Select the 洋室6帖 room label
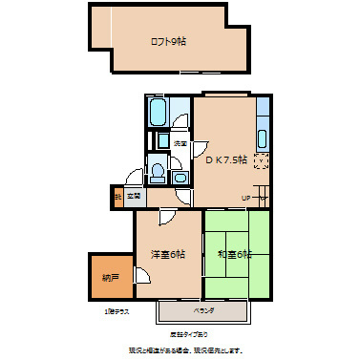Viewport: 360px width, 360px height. click(167, 254)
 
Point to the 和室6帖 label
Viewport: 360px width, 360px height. click(234, 254)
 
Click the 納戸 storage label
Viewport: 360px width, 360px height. click(111, 278)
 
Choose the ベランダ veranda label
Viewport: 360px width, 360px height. click(204, 311)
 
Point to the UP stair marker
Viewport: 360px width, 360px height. click(245, 198)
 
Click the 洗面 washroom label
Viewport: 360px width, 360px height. click(179, 143)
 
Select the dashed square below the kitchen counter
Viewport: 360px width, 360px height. click(263, 161)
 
